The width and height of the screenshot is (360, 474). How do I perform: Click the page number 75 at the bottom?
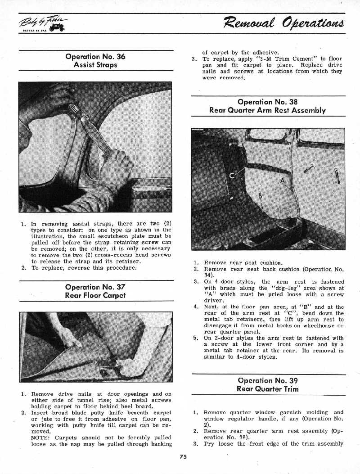pyautogui.click(x=183, y=456)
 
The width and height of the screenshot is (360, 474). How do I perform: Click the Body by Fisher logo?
pyautogui.click(x=42, y=24)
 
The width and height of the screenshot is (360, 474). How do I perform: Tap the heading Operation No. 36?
pyautogui.click(x=95, y=57)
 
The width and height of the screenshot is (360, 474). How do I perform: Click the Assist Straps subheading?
pyautogui.click(x=95, y=65)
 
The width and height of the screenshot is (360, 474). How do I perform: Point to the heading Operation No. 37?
pyautogui.click(x=95, y=287)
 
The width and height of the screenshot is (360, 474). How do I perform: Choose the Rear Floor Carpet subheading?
pyautogui.click(x=95, y=295)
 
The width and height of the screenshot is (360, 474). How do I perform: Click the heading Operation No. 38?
pyautogui.click(x=268, y=102)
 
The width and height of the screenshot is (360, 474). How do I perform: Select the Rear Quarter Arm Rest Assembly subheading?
pyautogui.click(x=268, y=110)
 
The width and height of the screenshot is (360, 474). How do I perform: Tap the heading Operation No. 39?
pyautogui.click(x=268, y=380)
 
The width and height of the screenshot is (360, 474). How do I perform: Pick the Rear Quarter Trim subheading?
pyautogui.click(x=268, y=389)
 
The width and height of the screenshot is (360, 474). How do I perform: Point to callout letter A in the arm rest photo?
pyautogui.click(x=282, y=181)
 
